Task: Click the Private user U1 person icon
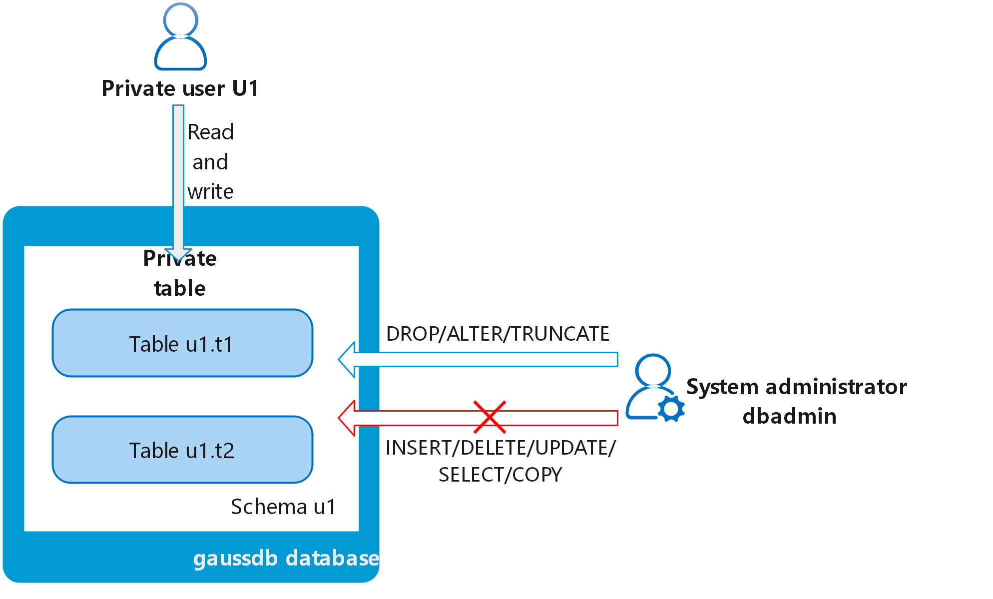coord(180,37)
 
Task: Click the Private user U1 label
coord(180,88)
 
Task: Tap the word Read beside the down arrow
coord(210,132)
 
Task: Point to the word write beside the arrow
coord(210,192)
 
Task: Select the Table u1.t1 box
coord(182,343)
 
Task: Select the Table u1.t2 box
coord(182,450)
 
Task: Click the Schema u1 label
coord(283,507)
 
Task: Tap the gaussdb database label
coord(286,558)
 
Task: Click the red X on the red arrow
coord(490,417)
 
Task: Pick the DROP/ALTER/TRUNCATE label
coord(497,334)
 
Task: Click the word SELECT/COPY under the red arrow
coord(500,475)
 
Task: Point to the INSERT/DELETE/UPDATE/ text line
coord(500,448)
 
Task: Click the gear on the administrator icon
coord(671,408)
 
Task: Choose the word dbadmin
coord(789,416)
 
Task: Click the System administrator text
coord(796,387)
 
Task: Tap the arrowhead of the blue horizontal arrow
coord(348,360)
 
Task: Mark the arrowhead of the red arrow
coord(348,418)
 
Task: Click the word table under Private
coord(180,288)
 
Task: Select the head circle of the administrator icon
coord(652,370)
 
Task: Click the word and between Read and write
coord(210,162)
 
